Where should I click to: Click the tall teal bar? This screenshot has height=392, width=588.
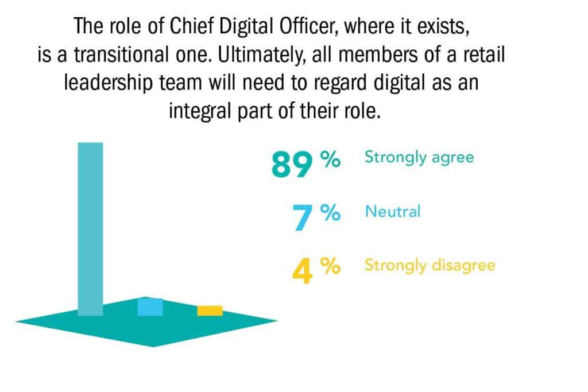(x=90, y=229)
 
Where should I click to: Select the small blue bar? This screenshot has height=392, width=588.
(x=150, y=307)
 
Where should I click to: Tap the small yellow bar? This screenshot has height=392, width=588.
(x=210, y=311)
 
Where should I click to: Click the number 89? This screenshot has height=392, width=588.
(x=292, y=164)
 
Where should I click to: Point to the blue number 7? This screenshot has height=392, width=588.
(x=302, y=218)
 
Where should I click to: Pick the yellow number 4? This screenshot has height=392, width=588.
(x=302, y=271)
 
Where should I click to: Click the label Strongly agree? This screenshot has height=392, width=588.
(x=419, y=157)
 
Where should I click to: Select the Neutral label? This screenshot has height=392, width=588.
(x=393, y=211)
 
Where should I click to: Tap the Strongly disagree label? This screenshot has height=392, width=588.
(x=430, y=266)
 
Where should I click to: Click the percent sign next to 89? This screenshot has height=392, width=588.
(x=330, y=159)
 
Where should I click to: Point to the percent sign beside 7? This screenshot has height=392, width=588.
(x=330, y=213)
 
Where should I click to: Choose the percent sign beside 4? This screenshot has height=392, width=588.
(x=330, y=266)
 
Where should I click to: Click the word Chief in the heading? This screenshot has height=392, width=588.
(x=191, y=26)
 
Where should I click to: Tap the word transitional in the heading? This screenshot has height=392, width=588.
(x=122, y=55)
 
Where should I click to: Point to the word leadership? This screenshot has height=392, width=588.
(x=109, y=83)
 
